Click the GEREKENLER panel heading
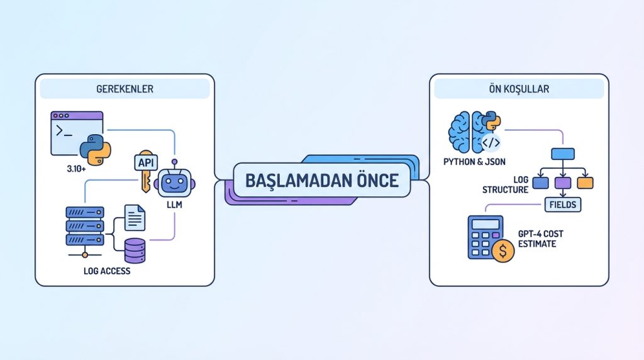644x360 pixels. pyautogui.click(x=125, y=89)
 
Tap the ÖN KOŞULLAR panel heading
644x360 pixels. pyautogui.click(x=518, y=89)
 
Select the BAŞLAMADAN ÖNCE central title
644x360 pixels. pyautogui.click(x=321, y=181)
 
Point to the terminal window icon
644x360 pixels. pyautogui.click(x=77, y=132)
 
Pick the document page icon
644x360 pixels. pyautogui.click(x=135, y=218)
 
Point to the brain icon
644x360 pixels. pyautogui.click(x=467, y=132)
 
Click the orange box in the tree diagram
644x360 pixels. pyautogui.click(x=585, y=183)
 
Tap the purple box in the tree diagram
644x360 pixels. pyautogui.click(x=563, y=183)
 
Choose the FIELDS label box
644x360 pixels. pyautogui.click(x=562, y=205)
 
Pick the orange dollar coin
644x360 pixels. pyautogui.click(x=502, y=250)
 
